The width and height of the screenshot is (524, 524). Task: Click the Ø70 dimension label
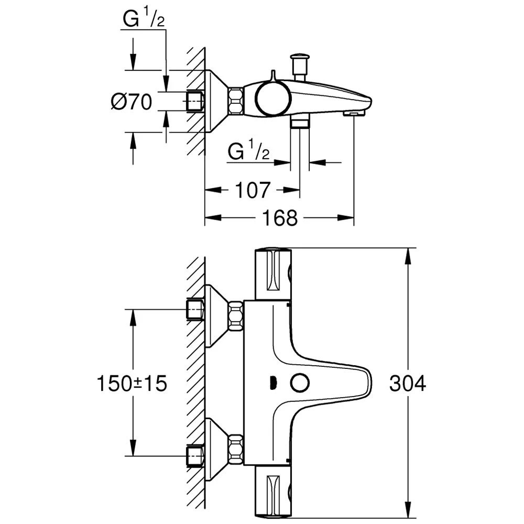(x=131, y=101)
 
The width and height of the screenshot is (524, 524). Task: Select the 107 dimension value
(x=252, y=190)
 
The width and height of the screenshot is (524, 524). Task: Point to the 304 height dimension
(x=408, y=384)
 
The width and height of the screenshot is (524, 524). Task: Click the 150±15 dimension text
(x=132, y=384)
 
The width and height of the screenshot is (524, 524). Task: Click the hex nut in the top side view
(x=235, y=101)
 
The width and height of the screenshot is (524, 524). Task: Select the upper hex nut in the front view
(x=235, y=316)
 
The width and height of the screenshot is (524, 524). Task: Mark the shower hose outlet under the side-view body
(x=300, y=123)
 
